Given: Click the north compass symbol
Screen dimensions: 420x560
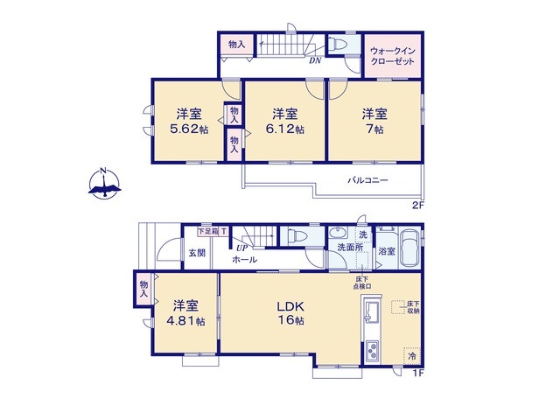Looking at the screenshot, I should pos(104,184).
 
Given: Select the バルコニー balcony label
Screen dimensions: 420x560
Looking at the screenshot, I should pos(367,180).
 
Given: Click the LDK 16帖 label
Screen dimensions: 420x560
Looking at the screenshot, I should pos(290,315).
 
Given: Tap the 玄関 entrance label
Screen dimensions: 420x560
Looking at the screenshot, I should pos(196,253).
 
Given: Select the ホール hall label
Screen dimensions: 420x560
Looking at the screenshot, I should pos(244,261).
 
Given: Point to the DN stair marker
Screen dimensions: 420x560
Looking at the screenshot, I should pos(314,61).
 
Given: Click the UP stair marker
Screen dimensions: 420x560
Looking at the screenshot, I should pos(240,248).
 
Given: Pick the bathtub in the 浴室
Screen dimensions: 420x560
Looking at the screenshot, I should pos(409,242).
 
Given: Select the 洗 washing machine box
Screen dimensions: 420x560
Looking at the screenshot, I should pos(362,234).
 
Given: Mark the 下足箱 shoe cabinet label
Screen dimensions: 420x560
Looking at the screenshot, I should pos(207,231).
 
